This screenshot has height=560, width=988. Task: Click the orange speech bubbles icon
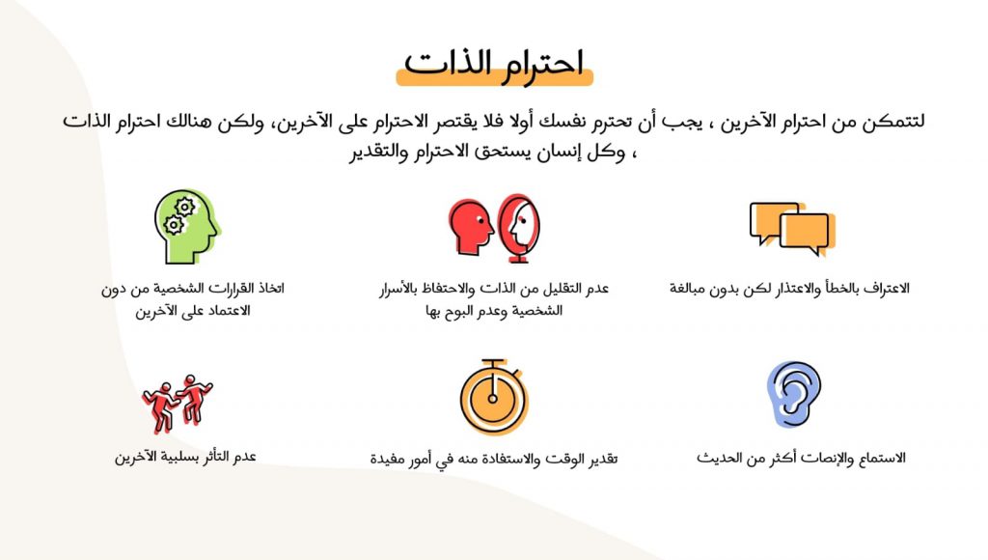click(790, 228)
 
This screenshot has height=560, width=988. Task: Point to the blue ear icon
click(794, 395)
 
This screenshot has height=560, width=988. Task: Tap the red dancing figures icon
click(178, 403)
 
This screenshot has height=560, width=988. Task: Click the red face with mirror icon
click(494, 228)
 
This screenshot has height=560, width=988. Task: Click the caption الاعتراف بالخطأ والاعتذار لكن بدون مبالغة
click(790, 288)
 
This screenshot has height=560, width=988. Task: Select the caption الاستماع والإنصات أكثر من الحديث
click(801, 457)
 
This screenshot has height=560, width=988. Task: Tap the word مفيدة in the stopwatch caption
click(391, 459)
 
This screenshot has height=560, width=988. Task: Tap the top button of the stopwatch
click(494, 365)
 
